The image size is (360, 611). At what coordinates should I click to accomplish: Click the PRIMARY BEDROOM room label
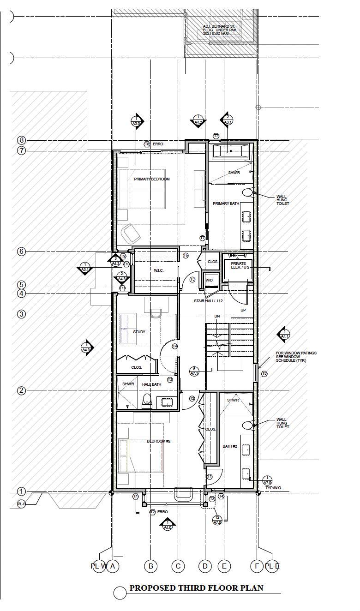coord(152,179)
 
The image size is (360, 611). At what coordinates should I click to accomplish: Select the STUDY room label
coord(139,332)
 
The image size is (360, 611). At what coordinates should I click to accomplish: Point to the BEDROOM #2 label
coord(159,441)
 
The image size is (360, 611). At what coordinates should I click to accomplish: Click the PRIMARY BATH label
coord(226,204)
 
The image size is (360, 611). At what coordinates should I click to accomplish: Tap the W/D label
coord(209,280)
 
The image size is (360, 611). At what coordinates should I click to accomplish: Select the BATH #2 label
coord(230,446)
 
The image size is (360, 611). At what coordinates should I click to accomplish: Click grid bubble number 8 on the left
coord(21,140)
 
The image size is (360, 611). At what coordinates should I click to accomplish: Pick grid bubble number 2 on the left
coord(21,391)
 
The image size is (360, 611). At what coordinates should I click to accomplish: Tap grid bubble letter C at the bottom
coord(178,566)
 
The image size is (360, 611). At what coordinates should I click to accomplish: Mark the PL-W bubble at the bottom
coord(98,566)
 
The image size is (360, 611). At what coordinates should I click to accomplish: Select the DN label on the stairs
coord(217,316)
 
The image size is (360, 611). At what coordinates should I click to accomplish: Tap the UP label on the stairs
coord(243,310)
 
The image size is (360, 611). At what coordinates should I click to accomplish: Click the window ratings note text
coord(296,357)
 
